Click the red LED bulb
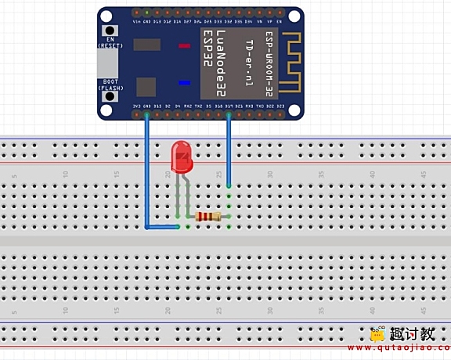click(x=182, y=157)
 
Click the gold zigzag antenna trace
click(x=290, y=63)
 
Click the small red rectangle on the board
click(x=184, y=46)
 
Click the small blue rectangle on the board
click(x=184, y=82)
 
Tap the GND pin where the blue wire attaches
click(x=146, y=114)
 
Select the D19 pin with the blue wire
click(x=229, y=114)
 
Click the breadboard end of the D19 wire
click(x=229, y=186)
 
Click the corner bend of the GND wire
click(x=147, y=227)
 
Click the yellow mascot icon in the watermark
click(x=377, y=334)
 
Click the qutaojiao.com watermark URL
click(x=410, y=347)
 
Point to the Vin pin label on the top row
click(x=137, y=21)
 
